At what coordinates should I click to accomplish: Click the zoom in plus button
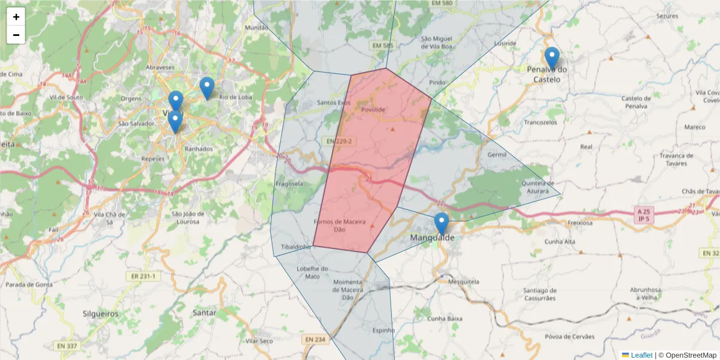16,17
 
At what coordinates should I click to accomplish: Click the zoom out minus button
16,35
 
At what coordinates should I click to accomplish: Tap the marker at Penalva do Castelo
552,59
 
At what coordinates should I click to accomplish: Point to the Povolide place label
373,109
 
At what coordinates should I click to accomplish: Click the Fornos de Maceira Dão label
340,226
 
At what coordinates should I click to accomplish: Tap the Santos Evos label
334,103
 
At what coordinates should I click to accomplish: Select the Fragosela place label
289,184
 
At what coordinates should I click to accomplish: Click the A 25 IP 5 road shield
644,215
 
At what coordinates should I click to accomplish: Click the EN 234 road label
315,340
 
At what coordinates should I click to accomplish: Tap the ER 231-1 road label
143,277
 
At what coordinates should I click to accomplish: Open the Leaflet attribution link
641,355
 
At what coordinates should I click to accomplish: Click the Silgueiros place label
100,313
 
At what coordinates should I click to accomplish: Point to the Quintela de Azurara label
538,187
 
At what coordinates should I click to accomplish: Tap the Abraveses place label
160,68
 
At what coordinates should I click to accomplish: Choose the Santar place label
205,313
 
